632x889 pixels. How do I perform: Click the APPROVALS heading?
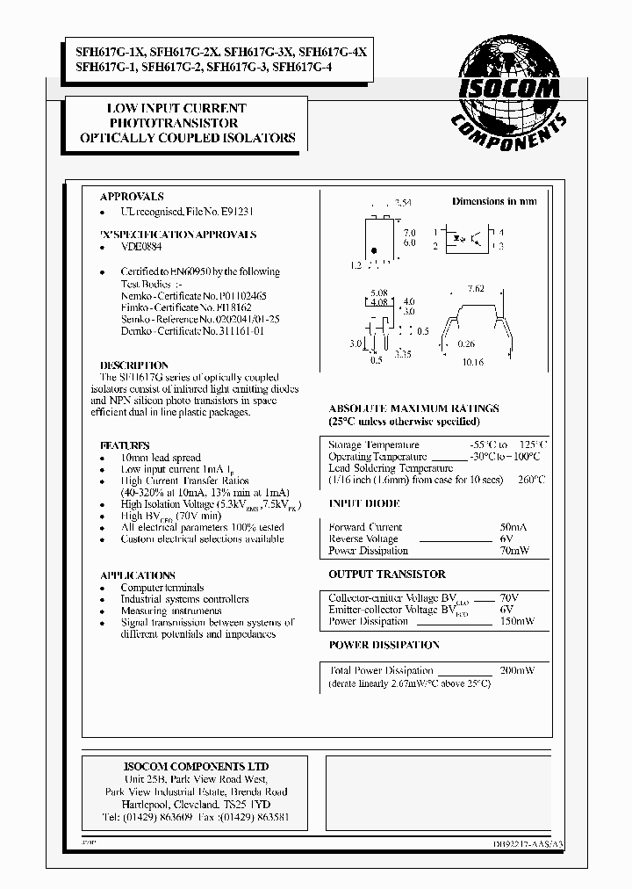[x=132, y=198]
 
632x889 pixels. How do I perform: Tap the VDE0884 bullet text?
[x=141, y=249]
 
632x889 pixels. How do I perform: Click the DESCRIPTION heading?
[x=134, y=365]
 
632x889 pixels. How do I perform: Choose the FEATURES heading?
[x=125, y=445]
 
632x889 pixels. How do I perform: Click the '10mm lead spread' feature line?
[x=161, y=458]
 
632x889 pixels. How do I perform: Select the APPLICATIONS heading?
[x=138, y=575]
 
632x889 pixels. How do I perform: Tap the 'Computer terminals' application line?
[x=162, y=588]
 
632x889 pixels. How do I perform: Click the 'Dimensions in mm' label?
[x=493, y=201]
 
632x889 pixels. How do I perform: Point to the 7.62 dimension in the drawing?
[x=477, y=289]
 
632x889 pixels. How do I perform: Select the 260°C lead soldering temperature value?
[x=531, y=481]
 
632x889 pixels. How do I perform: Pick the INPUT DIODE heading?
[x=363, y=504]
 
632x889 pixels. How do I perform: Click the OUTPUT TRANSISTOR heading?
[x=386, y=575]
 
